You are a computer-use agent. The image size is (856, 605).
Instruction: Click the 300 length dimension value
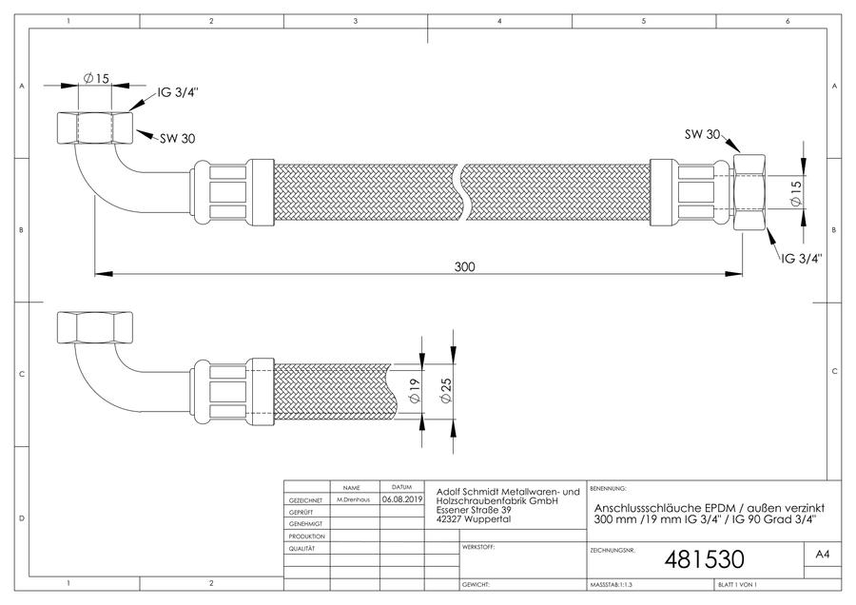tap(464, 266)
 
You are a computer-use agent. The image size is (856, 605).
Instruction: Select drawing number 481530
tap(704, 559)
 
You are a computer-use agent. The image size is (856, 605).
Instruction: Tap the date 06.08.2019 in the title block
tap(402, 499)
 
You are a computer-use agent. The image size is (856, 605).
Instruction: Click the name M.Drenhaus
tap(353, 499)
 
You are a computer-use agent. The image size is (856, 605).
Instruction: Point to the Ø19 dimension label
tap(415, 391)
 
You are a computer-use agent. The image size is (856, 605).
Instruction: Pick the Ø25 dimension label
tap(445, 391)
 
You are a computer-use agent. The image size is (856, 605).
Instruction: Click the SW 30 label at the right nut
tap(703, 134)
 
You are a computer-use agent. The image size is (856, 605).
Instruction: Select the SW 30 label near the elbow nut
tap(178, 139)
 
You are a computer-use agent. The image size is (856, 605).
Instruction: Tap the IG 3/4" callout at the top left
tap(178, 92)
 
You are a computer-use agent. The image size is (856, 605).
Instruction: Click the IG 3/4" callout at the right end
tap(802, 259)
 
